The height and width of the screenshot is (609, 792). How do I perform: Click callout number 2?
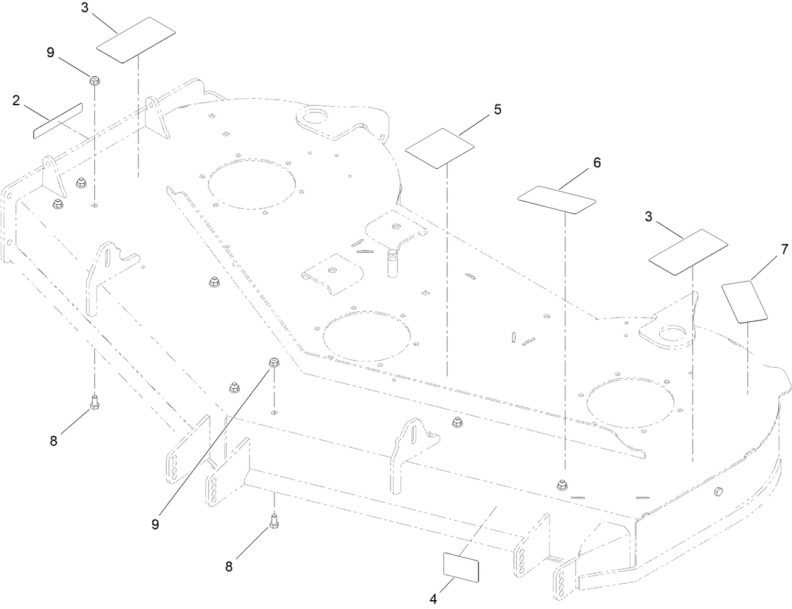coord(17,100)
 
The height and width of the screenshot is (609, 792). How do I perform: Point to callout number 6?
coord(596,162)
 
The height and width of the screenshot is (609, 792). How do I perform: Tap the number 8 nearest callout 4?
coord(229,566)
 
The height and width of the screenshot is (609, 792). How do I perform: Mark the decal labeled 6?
coord(557,199)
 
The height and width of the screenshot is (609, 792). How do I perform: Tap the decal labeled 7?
coord(745,302)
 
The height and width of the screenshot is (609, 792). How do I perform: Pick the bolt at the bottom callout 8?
coord(274,523)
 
